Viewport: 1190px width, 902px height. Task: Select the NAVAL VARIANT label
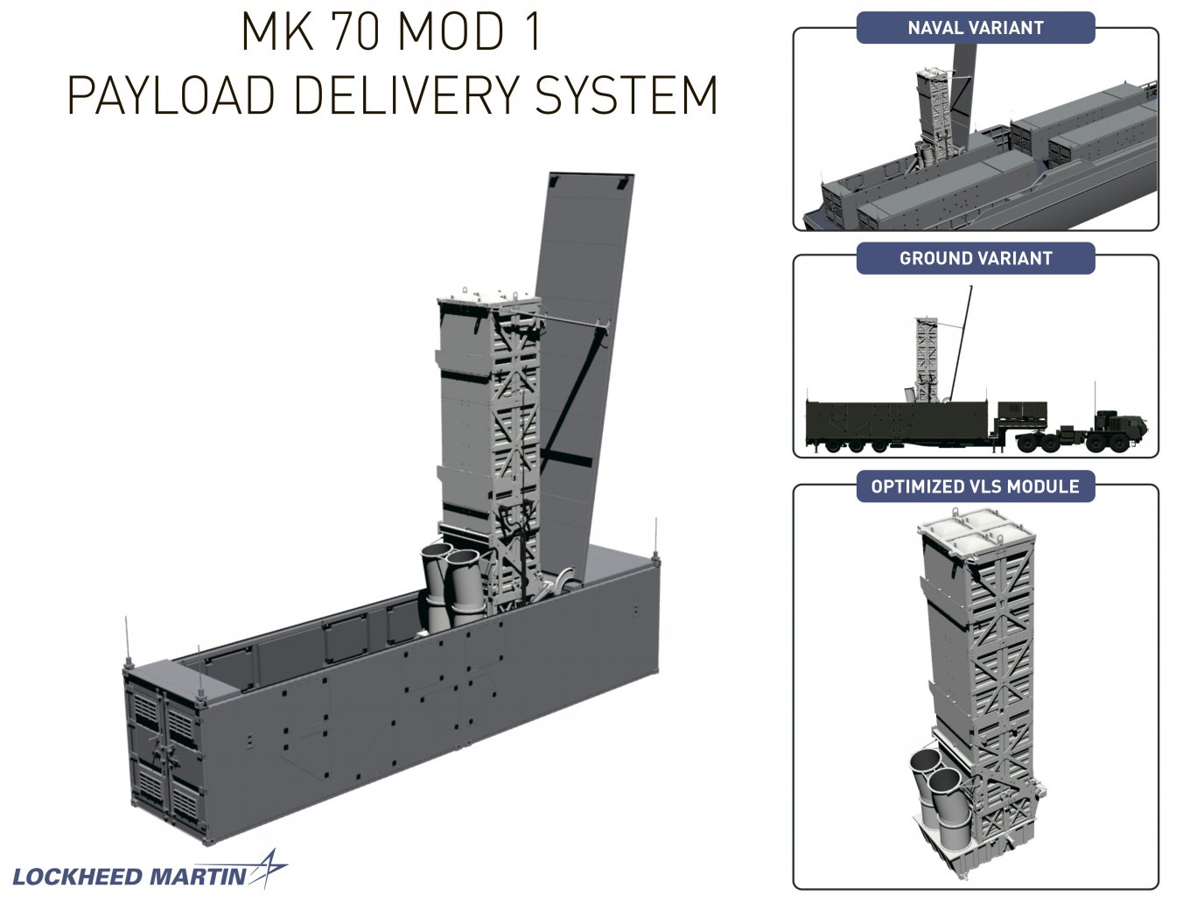click(x=975, y=28)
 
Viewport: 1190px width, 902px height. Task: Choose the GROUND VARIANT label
click(x=975, y=259)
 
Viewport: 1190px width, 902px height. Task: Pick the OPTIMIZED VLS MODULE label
click(x=975, y=486)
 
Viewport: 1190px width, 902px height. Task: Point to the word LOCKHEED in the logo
click(x=77, y=877)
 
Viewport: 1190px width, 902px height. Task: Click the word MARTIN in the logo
click(x=197, y=877)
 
